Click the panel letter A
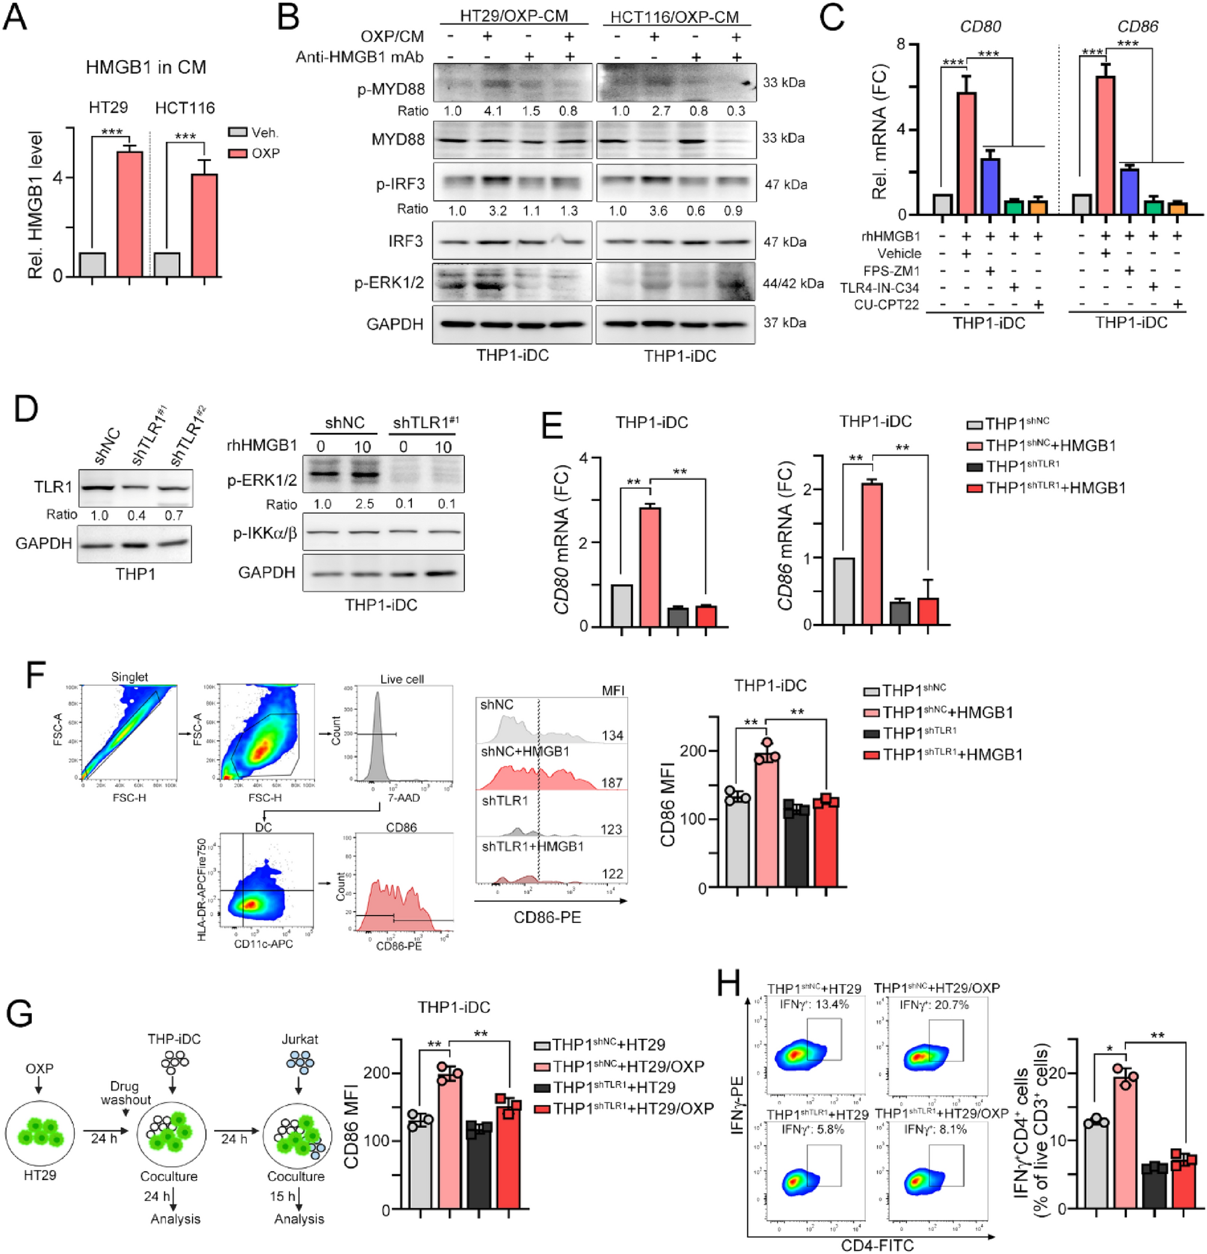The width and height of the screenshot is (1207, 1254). tap(16, 17)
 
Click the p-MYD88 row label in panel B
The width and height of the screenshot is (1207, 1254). tap(390, 89)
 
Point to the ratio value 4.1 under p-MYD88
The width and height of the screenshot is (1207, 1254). tap(493, 111)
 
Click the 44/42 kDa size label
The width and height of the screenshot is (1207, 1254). tap(792, 283)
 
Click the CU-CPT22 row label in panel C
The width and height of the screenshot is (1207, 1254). tap(886, 305)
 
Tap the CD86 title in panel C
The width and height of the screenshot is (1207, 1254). tap(1137, 26)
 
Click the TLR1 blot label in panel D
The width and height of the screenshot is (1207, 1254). tap(53, 488)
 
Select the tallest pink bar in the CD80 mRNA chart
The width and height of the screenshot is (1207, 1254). tap(650, 566)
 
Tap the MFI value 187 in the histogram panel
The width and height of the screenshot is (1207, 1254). tap(612, 783)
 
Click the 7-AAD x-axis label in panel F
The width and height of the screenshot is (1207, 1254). tap(401, 798)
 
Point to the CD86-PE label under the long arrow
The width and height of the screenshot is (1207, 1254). tap(547, 917)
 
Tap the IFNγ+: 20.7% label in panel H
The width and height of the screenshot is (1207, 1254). tap(934, 1005)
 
